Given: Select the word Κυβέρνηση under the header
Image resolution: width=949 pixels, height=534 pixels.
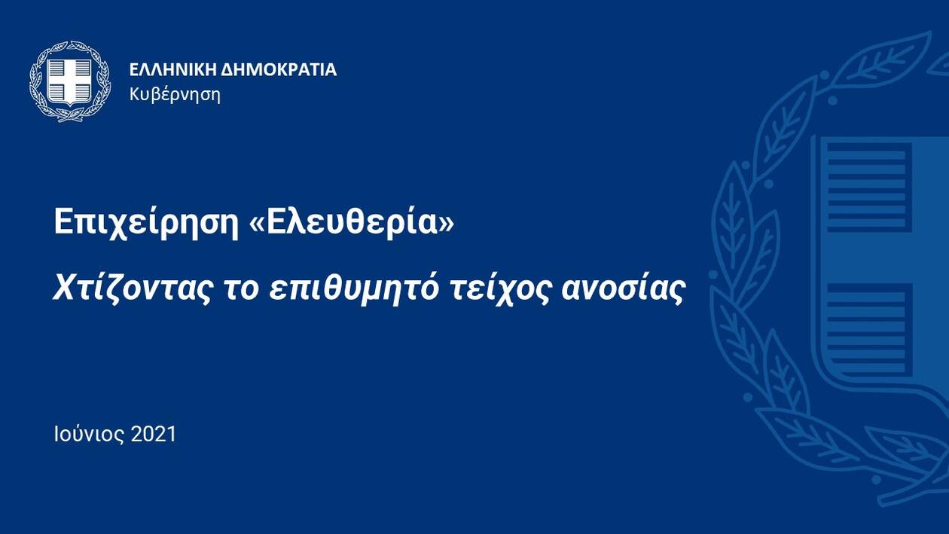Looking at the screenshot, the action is [175, 95].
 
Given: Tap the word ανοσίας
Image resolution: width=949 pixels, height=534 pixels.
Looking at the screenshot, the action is [623, 288].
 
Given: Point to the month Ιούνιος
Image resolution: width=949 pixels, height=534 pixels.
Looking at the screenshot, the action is [90, 435].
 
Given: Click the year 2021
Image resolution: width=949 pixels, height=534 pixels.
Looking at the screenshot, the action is [154, 435].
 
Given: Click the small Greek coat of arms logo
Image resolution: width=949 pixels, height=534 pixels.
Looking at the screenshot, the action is [70, 81].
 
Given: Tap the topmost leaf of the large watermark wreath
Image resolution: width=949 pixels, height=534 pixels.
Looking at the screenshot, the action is [886, 60].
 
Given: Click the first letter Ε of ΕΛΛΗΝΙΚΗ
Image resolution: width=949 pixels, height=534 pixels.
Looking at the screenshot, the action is [134, 70].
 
